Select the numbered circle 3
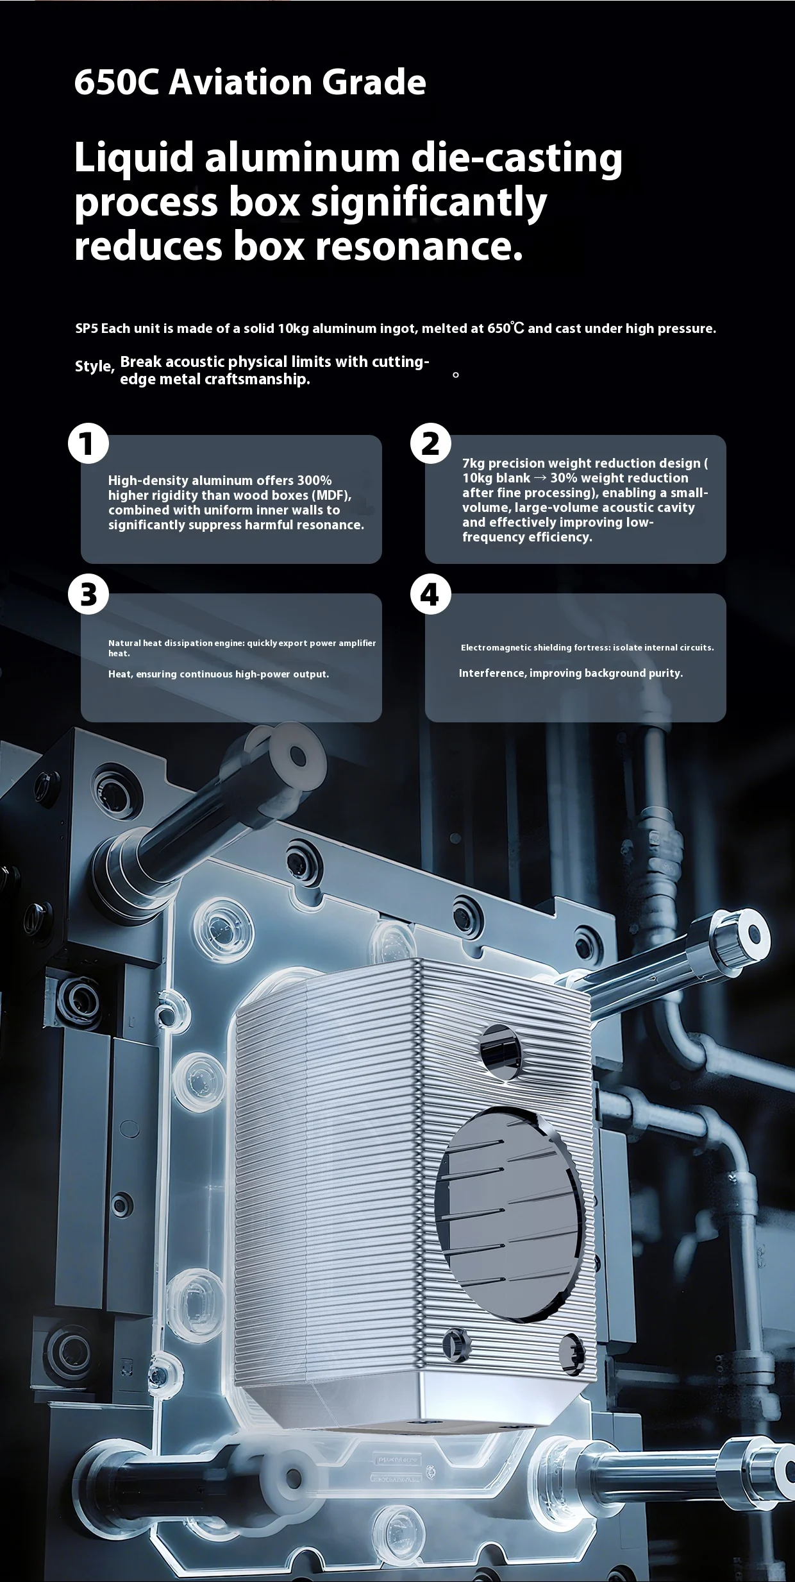coord(88,594)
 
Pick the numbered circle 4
coord(431,594)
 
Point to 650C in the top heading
coord(116,82)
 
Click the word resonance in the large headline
coord(420,246)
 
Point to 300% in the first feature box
coord(314,481)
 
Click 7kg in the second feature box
coord(474,463)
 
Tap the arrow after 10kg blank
coord(540,478)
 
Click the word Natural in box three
coord(125,643)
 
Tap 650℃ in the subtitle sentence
coord(506,328)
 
